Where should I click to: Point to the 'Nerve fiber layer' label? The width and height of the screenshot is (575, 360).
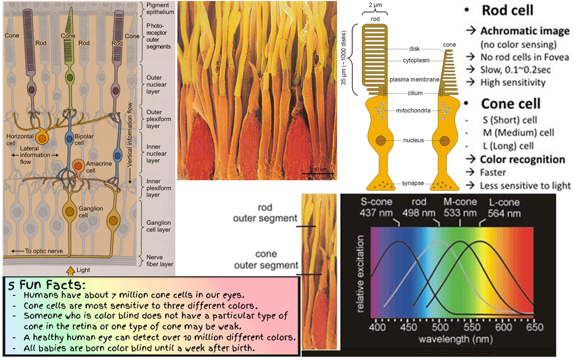click(159, 261)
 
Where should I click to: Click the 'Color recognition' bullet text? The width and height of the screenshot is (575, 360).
click(522, 160)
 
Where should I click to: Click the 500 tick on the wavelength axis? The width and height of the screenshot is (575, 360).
click(440, 327)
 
